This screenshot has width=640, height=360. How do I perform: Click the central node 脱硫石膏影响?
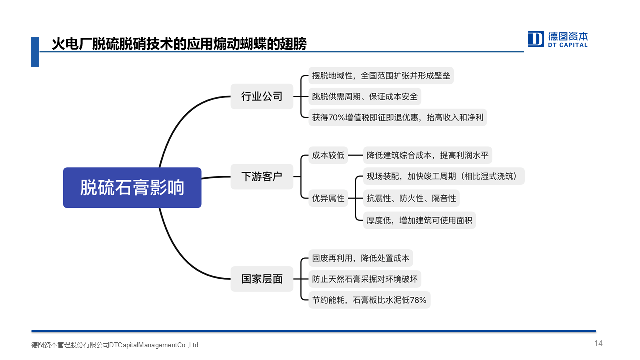coord(132,187)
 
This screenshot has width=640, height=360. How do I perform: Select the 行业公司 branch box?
coord(262,96)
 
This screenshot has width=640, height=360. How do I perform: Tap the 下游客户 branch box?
coord(262,177)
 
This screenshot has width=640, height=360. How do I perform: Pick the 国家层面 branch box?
coord(262,279)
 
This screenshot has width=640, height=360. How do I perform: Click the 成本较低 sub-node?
coord(328,155)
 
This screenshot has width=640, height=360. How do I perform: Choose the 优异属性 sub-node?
coord(328,198)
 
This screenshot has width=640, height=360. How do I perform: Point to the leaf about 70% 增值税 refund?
coord(397,117)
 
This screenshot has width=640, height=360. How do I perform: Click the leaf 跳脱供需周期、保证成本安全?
coord(365,97)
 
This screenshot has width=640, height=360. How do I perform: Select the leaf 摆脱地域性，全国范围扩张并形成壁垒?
coord(381,75)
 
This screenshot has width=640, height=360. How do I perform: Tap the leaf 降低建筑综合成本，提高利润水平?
coord(427,155)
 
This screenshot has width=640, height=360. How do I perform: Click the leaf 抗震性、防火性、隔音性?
coord(411,198)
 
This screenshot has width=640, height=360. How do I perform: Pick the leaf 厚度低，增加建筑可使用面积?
coord(419,220)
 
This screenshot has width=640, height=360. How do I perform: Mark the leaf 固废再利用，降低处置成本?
coord(361,258)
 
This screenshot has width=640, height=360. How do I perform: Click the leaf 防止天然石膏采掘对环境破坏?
coord(365,279)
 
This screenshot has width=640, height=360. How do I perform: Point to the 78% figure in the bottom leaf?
coord(418,300)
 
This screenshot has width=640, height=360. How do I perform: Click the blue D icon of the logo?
coord(535,39)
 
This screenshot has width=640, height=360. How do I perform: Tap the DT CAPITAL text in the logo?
coord(567,45)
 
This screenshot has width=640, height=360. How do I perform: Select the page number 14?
coord(598,343)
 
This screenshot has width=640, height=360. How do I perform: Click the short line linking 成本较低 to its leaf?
coord(355,155)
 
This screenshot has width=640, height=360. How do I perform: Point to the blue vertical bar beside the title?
coord(35,52)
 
